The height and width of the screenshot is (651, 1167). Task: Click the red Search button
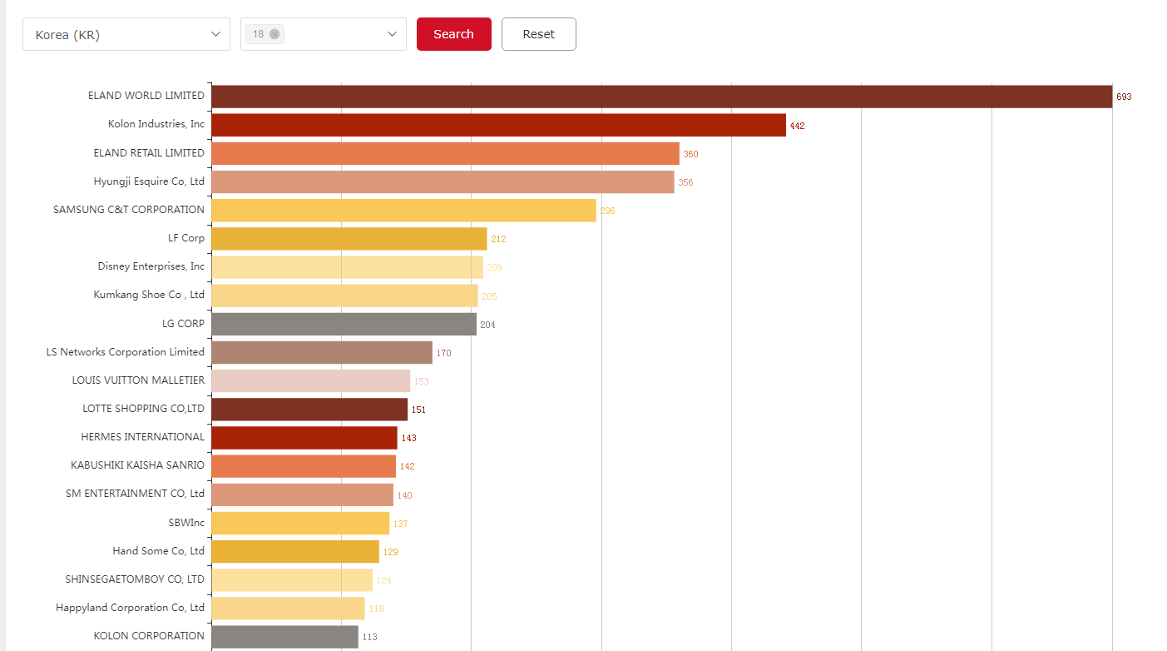point(453,34)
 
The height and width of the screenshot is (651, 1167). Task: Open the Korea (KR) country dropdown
point(126,35)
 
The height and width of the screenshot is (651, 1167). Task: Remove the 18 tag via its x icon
point(274,34)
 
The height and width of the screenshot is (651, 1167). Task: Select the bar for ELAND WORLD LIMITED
point(661,97)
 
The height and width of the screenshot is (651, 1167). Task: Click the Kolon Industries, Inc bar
point(498,125)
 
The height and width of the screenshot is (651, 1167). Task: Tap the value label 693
point(1124,97)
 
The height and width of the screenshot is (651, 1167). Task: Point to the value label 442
point(797,126)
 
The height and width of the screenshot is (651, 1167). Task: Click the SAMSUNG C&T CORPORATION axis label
point(129,210)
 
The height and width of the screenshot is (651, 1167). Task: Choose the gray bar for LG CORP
point(344,324)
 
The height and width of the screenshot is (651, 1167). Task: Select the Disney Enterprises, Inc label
point(151,266)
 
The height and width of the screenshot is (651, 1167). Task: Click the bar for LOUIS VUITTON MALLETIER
point(310,380)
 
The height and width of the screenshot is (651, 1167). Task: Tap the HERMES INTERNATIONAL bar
point(304,438)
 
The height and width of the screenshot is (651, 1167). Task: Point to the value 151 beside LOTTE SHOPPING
point(418,410)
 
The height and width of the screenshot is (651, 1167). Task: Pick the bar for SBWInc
point(300,523)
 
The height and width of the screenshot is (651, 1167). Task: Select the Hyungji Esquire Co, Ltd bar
point(443,181)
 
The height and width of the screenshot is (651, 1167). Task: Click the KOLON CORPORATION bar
point(284,637)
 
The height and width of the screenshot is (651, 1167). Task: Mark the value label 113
point(369,637)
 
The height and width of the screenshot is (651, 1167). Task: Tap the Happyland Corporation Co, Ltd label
point(130,608)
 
